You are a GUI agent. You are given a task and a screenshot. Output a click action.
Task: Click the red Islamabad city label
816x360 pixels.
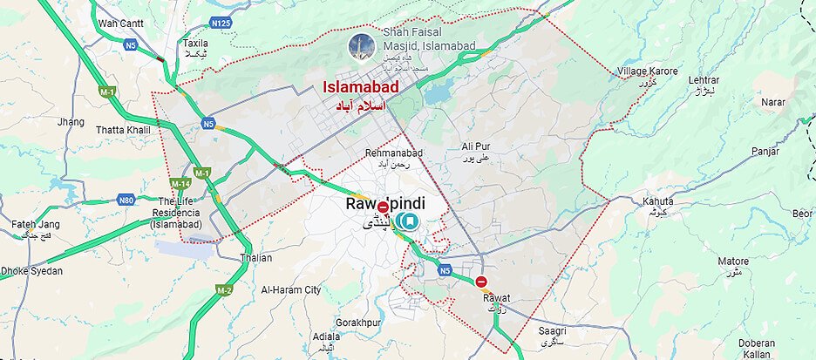click(x=361, y=87)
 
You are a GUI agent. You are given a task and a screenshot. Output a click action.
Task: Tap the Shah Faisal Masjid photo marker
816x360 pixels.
click(x=358, y=47)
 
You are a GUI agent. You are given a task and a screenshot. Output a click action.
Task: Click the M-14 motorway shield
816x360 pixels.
click(x=180, y=183)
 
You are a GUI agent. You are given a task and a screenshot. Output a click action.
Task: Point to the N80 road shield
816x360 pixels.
click(x=126, y=200)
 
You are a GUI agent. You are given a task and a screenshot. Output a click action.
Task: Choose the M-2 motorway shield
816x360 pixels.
click(x=224, y=289)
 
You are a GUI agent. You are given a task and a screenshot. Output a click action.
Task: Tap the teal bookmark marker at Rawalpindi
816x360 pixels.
click(x=409, y=222)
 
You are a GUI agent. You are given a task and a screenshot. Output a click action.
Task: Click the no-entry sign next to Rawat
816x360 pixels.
click(x=481, y=282)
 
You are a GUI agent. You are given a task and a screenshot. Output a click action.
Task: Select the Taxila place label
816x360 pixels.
click(x=194, y=43)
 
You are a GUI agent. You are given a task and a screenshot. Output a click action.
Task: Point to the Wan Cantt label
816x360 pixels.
click(x=121, y=24)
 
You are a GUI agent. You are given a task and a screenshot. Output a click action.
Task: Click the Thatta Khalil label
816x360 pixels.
click(x=123, y=130)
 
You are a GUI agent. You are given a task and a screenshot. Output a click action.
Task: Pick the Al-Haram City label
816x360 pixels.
click(x=291, y=289)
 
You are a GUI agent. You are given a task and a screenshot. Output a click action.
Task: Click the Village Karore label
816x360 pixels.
click(x=647, y=71)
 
